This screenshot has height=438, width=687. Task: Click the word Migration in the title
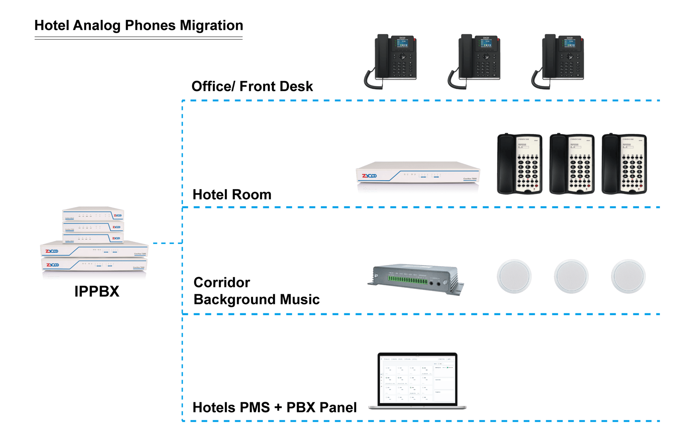(211, 25)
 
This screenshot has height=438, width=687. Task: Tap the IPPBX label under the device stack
(97, 291)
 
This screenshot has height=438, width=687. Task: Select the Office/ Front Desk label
(252, 86)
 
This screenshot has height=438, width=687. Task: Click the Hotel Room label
(232, 195)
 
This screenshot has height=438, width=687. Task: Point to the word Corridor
(221, 282)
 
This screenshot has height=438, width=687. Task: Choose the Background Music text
(256, 300)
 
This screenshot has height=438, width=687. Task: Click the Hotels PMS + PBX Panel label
(274, 407)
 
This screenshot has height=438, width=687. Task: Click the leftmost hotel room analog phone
(520, 164)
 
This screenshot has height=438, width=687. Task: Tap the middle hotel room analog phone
(572, 164)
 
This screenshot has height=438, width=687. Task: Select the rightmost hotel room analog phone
(624, 164)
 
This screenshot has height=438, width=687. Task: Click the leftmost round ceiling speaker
(514, 276)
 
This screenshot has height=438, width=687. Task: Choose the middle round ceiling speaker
(571, 276)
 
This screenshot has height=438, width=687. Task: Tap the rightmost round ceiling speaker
(628, 276)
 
